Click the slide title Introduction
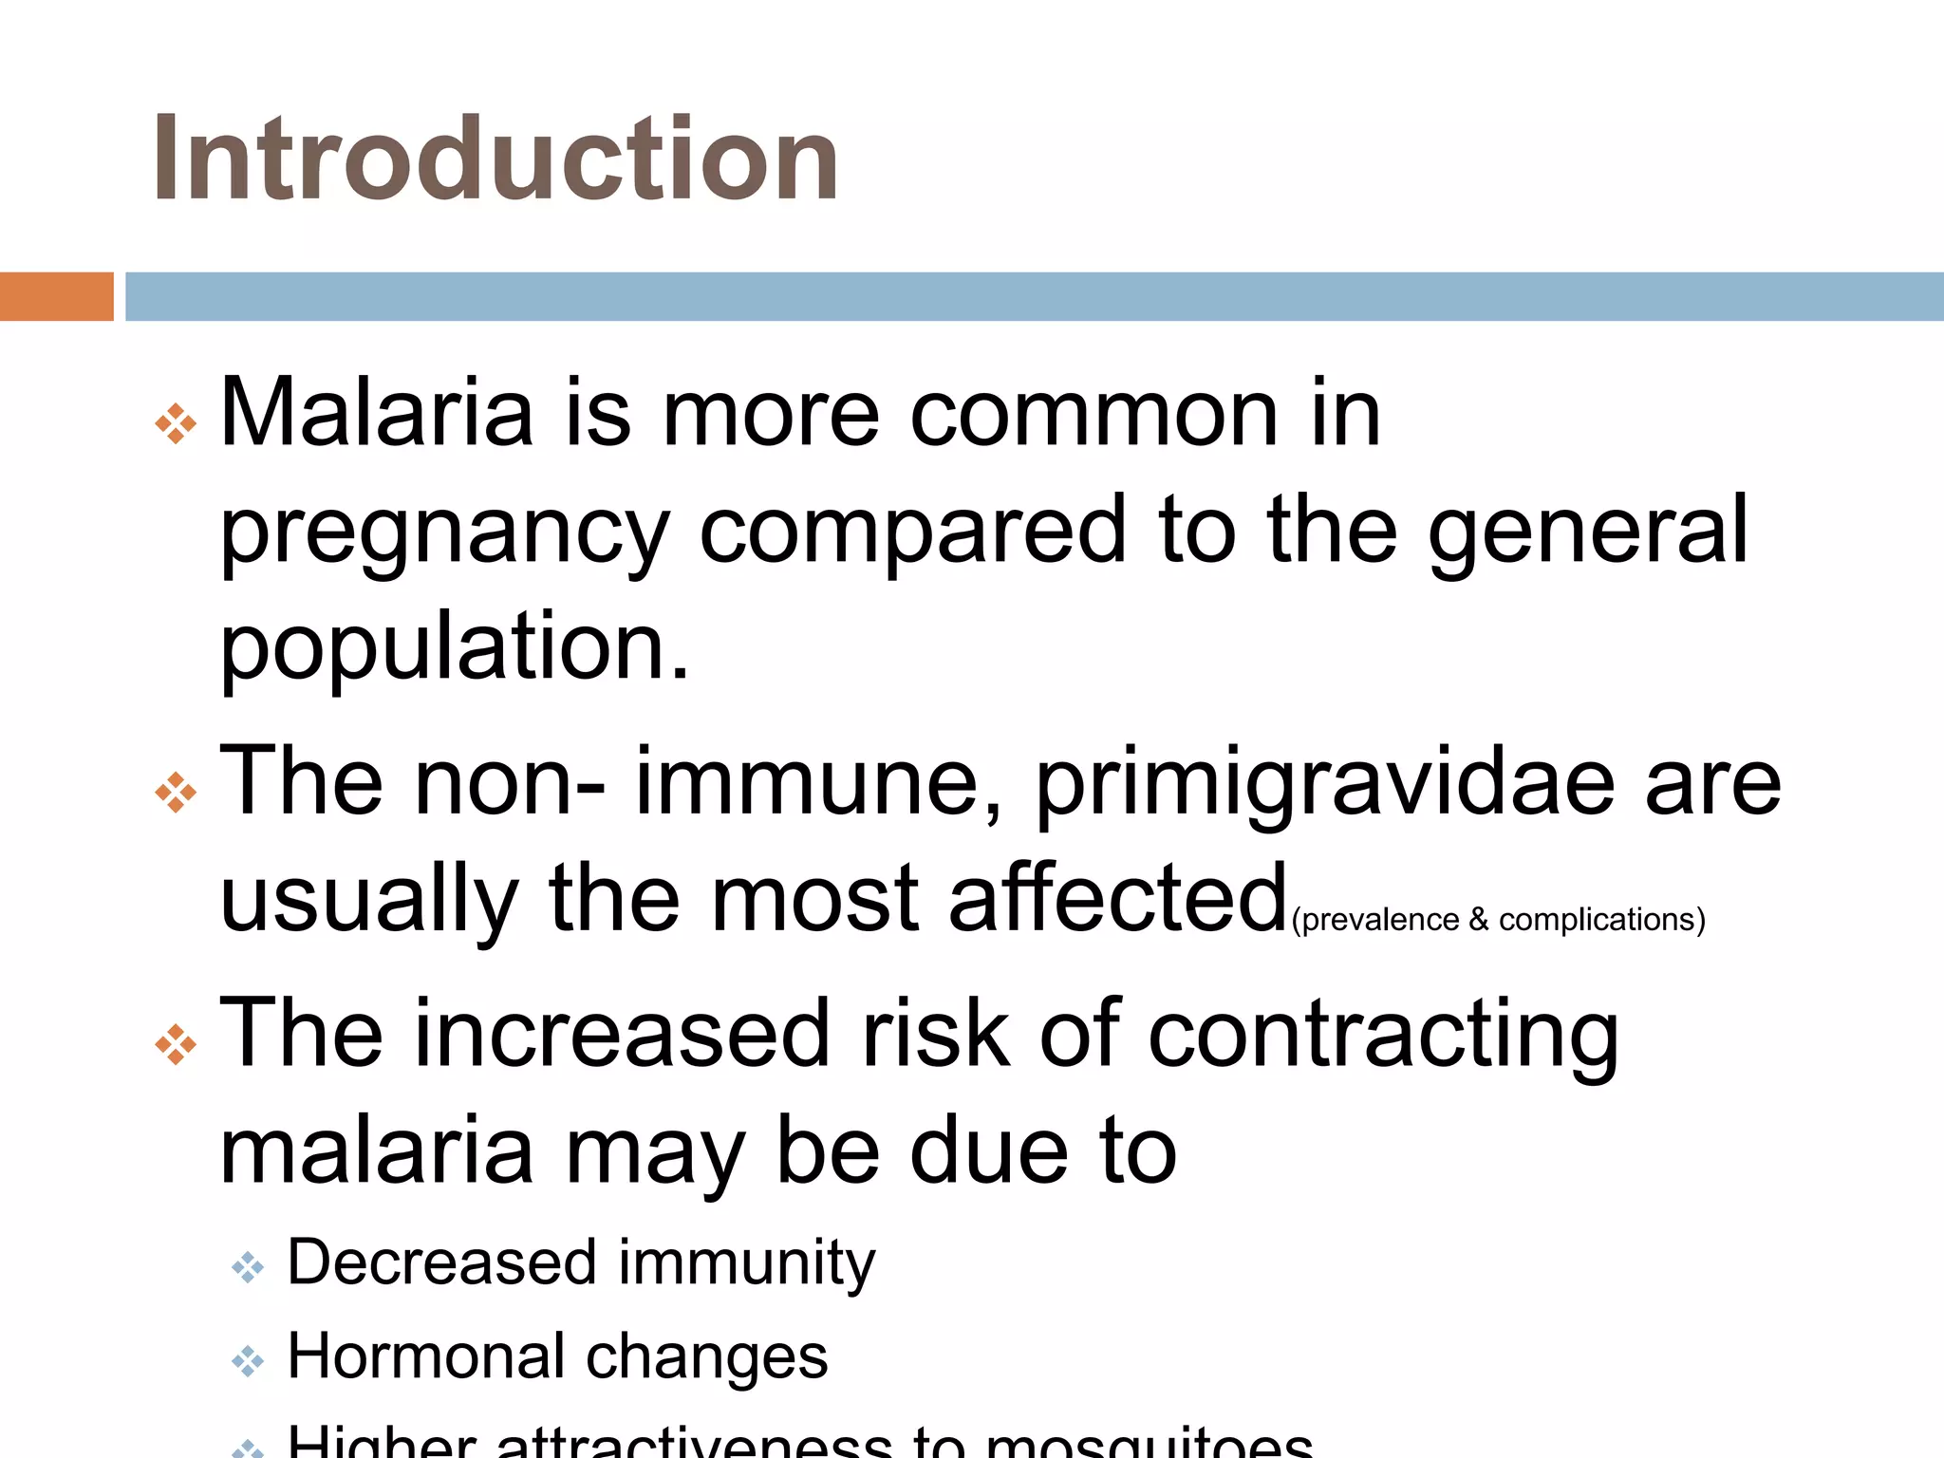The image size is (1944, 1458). tap(495, 158)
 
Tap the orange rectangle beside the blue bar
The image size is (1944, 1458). tap(56, 296)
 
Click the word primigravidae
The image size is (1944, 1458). tap(1324, 783)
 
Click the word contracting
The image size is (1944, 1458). tap(1383, 1035)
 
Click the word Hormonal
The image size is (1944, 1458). tap(421, 1355)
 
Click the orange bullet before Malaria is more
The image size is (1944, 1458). tap(176, 423)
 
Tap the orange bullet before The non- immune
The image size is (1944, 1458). tap(176, 793)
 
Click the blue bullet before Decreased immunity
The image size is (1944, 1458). tap(248, 1268)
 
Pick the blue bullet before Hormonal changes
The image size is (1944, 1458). tap(248, 1361)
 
